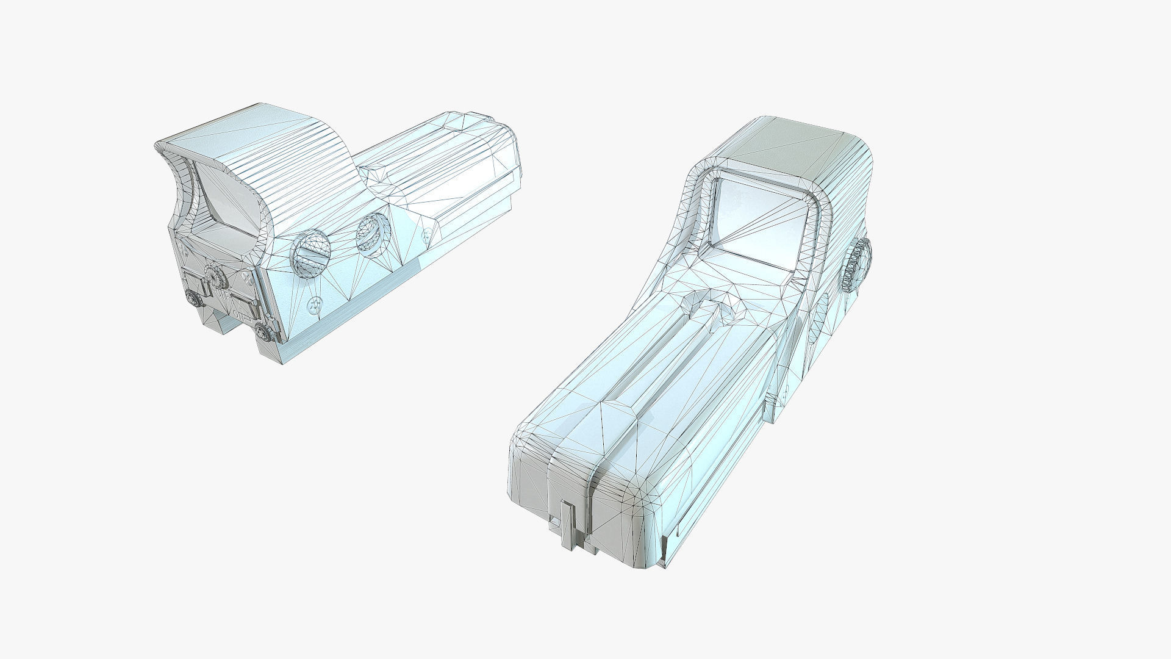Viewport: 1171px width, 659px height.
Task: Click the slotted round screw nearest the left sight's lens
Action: coord(312,253)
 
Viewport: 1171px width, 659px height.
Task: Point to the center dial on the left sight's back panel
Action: coord(215,278)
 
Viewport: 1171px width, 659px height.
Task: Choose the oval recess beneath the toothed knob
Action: coord(823,311)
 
